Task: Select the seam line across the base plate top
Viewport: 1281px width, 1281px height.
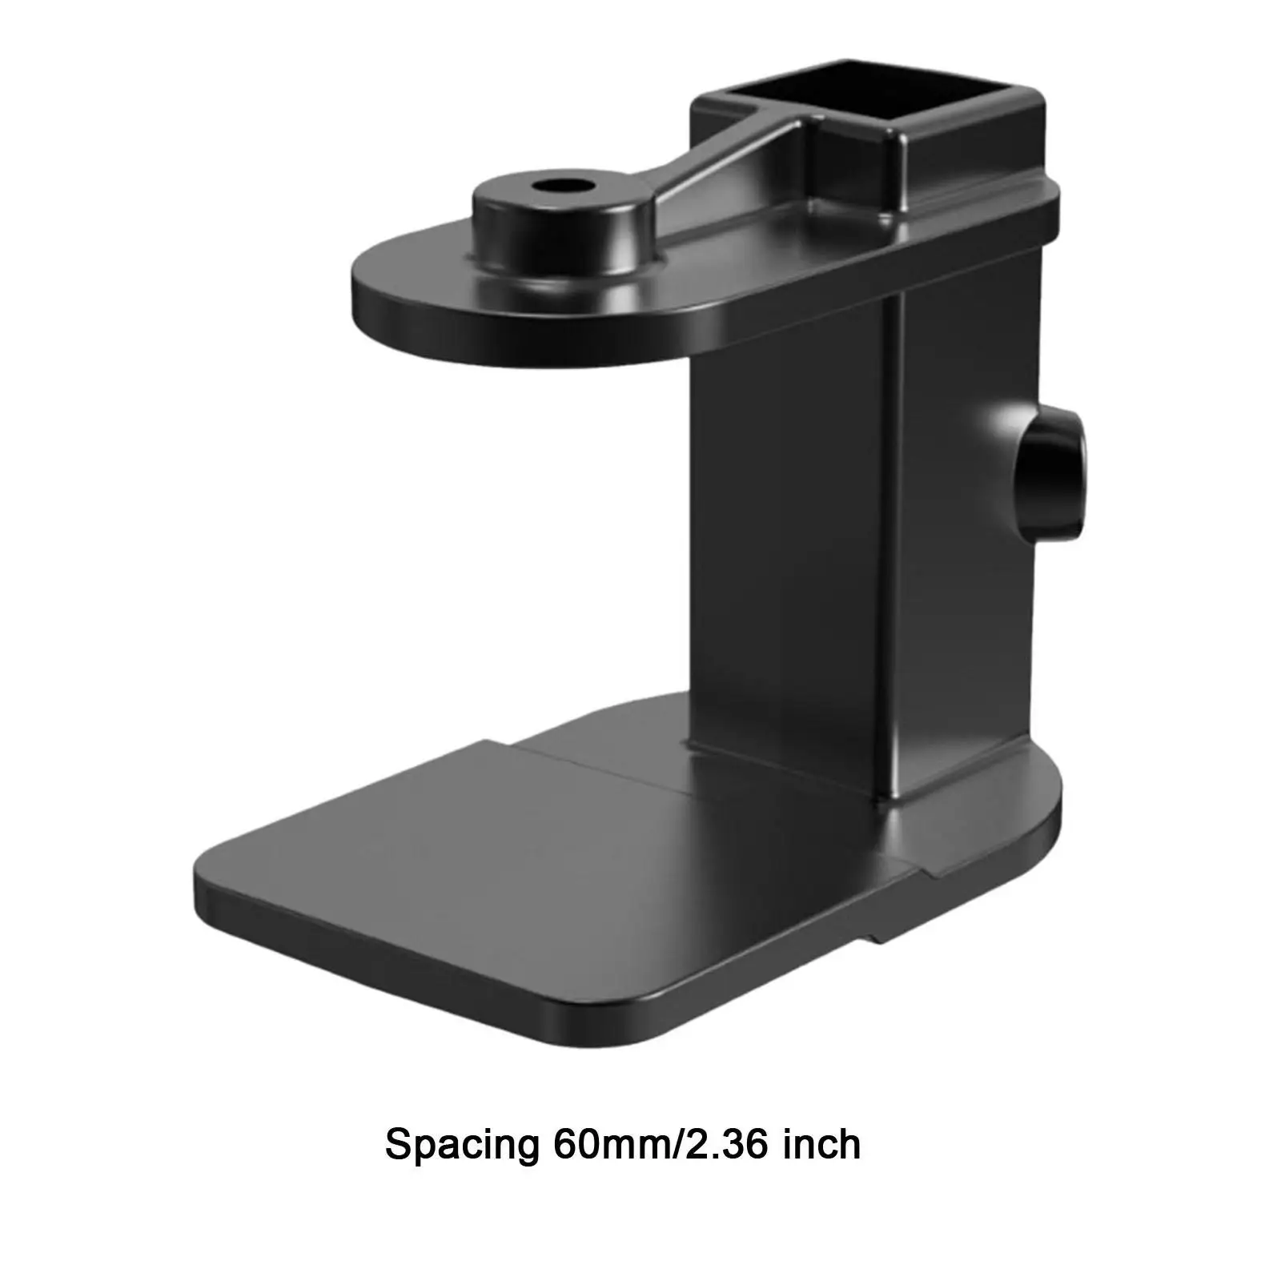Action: [608, 769]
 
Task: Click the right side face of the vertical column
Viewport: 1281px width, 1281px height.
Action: [961, 560]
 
